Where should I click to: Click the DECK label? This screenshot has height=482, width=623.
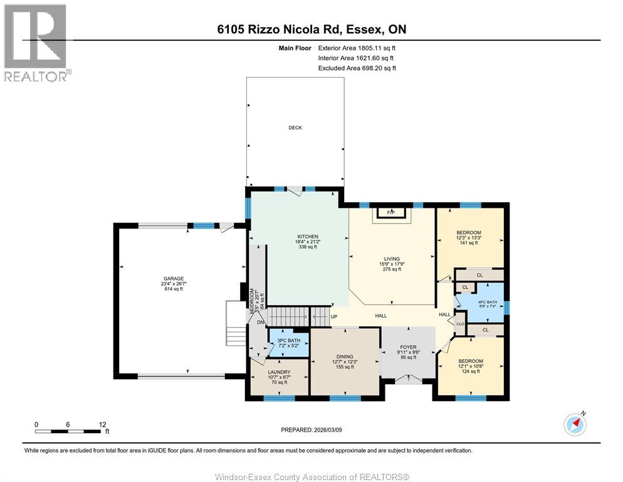(x=295, y=128)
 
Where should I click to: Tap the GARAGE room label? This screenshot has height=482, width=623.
(x=174, y=279)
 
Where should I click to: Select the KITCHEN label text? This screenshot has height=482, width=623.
(x=307, y=237)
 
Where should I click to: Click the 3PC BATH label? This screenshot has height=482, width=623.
(x=289, y=341)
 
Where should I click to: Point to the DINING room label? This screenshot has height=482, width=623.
(x=344, y=357)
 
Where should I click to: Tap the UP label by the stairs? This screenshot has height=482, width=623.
(x=334, y=316)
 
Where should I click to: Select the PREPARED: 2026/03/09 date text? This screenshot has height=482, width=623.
(x=311, y=430)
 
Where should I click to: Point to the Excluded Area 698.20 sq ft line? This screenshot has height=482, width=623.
(x=357, y=68)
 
